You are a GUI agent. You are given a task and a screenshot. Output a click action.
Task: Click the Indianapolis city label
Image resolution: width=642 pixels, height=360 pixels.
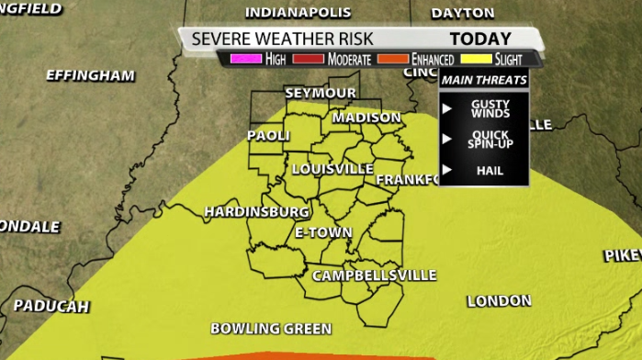pyautogui.click(x=298, y=13)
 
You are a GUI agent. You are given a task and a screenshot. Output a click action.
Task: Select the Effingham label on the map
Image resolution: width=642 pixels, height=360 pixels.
pyautogui.click(x=90, y=75)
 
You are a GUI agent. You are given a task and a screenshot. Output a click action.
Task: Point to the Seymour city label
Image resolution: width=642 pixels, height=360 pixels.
pyautogui.click(x=321, y=94)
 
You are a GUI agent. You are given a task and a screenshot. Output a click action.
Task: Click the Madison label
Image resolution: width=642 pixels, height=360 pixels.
pyautogui.click(x=366, y=118)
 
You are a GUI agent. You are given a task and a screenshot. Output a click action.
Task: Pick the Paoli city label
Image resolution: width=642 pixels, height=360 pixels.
pyautogui.click(x=268, y=136)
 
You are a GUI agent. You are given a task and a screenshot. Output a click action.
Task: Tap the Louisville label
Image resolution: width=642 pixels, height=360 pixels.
pyautogui.click(x=332, y=169)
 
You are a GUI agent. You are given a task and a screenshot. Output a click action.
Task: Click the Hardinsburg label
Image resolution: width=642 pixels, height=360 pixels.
pyautogui.click(x=256, y=211)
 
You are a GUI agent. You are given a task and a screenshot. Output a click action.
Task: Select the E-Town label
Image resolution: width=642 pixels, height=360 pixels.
pyautogui.click(x=323, y=232)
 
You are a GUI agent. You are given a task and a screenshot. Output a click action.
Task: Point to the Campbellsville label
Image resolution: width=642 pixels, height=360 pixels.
pyautogui.click(x=374, y=276)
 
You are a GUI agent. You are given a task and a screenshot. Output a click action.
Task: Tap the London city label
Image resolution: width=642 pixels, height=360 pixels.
pyautogui.click(x=499, y=301)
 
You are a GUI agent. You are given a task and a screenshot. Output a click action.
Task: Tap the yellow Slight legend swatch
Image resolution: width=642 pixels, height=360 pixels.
pyautogui.click(x=475, y=59)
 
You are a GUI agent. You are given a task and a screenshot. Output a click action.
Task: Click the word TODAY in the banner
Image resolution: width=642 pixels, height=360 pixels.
pyautogui.click(x=479, y=39)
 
